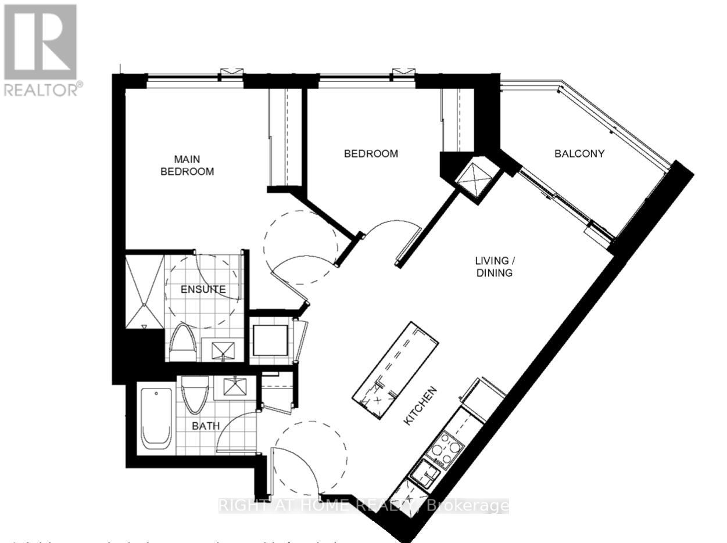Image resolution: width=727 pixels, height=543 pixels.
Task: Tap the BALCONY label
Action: tap(579, 154)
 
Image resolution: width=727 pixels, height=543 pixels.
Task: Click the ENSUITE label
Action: tap(202, 289)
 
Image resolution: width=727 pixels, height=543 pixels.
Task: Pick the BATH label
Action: tap(206, 426)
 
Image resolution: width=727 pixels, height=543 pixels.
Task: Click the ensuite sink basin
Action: tap(223, 351)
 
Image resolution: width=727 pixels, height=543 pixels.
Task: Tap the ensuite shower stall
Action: tap(145, 289)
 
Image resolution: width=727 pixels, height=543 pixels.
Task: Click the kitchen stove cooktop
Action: tap(446, 450)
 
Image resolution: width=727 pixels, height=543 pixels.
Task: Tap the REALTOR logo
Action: tap(41, 49)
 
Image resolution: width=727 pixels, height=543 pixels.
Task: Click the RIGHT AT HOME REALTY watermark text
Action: tap(363, 506)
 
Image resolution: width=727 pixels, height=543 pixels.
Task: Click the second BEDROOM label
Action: tap(371, 154)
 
